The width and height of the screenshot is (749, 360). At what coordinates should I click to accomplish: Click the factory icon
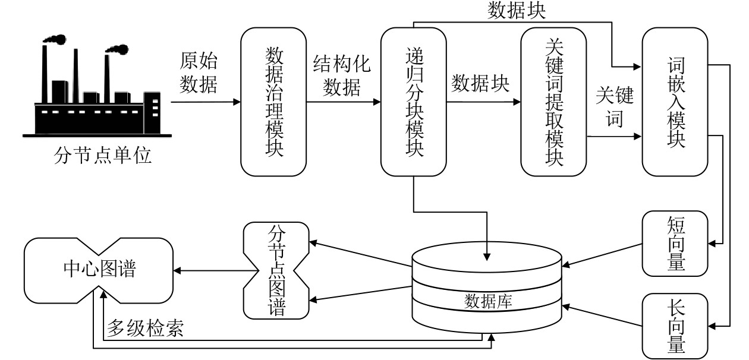click(x=97, y=86)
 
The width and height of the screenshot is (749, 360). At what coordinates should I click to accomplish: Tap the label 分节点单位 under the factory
click(x=103, y=156)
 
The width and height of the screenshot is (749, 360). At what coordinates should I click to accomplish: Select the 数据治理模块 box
click(x=273, y=102)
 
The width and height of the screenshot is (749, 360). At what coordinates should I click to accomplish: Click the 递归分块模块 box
click(x=414, y=102)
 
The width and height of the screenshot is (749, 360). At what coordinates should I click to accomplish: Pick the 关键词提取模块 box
click(x=553, y=102)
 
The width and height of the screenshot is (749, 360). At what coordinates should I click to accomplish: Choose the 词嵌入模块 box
click(x=675, y=102)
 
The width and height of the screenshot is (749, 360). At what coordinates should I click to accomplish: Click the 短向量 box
click(x=675, y=244)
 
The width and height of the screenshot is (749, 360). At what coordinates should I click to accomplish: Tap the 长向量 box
click(x=675, y=326)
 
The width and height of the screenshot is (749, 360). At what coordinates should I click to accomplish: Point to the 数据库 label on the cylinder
click(x=488, y=301)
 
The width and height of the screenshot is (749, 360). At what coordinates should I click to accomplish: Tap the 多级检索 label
click(x=145, y=328)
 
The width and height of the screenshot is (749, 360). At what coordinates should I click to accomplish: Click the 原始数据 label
click(x=199, y=72)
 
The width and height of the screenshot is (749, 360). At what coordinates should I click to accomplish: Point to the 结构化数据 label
click(x=342, y=75)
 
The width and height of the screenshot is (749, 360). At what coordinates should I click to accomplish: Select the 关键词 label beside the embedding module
click(x=615, y=106)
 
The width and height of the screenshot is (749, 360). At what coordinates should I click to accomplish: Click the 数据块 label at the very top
click(x=517, y=11)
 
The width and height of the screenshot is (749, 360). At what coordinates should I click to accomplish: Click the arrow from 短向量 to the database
click(x=602, y=255)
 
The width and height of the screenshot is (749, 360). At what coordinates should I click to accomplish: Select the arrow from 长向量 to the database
click(x=602, y=315)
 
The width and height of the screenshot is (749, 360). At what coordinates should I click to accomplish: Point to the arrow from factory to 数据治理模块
click(x=206, y=102)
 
